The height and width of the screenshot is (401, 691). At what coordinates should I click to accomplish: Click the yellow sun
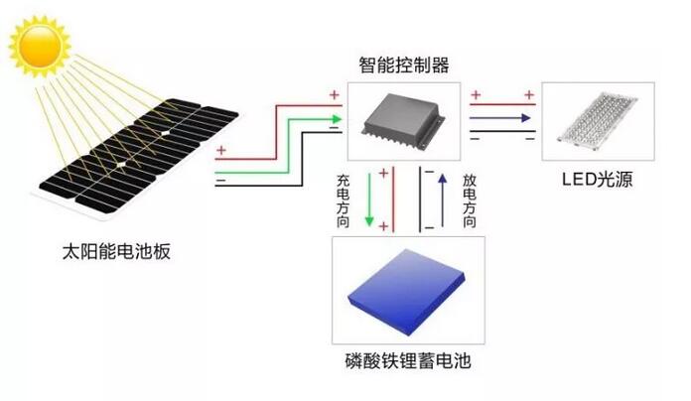pos(40,46)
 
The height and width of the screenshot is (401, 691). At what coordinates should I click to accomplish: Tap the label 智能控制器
pos(404,66)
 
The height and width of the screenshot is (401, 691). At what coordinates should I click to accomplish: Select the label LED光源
pos(597,180)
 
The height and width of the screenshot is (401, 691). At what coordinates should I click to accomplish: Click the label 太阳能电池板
pos(116,252)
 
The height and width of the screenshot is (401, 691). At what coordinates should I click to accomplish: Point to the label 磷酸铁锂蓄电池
pos(408,361)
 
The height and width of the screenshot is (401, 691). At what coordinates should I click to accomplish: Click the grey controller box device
pos(404,121)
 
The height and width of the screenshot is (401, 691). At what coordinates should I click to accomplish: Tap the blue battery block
pos(406,291)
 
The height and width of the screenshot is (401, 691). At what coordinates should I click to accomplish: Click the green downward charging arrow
pos(369,200)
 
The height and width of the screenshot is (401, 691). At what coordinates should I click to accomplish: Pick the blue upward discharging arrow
pos(442,200)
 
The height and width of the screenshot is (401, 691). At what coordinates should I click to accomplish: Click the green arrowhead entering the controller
pos(338,119)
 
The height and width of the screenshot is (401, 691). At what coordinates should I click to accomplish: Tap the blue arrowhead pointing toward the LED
pos(525,118)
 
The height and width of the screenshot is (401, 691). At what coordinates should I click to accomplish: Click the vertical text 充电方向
pos(343,200)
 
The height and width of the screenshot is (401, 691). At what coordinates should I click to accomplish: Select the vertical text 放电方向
pos(470,200)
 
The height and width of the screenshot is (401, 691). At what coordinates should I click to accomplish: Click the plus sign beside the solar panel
pos(220,150)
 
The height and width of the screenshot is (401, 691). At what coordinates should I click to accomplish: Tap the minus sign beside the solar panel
pos(220,181)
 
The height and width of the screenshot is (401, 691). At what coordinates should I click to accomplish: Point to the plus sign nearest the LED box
pos(529,94)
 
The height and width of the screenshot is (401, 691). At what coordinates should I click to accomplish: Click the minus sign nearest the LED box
pos(530,138)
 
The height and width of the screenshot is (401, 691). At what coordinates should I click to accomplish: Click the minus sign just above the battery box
pos(429,227)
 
